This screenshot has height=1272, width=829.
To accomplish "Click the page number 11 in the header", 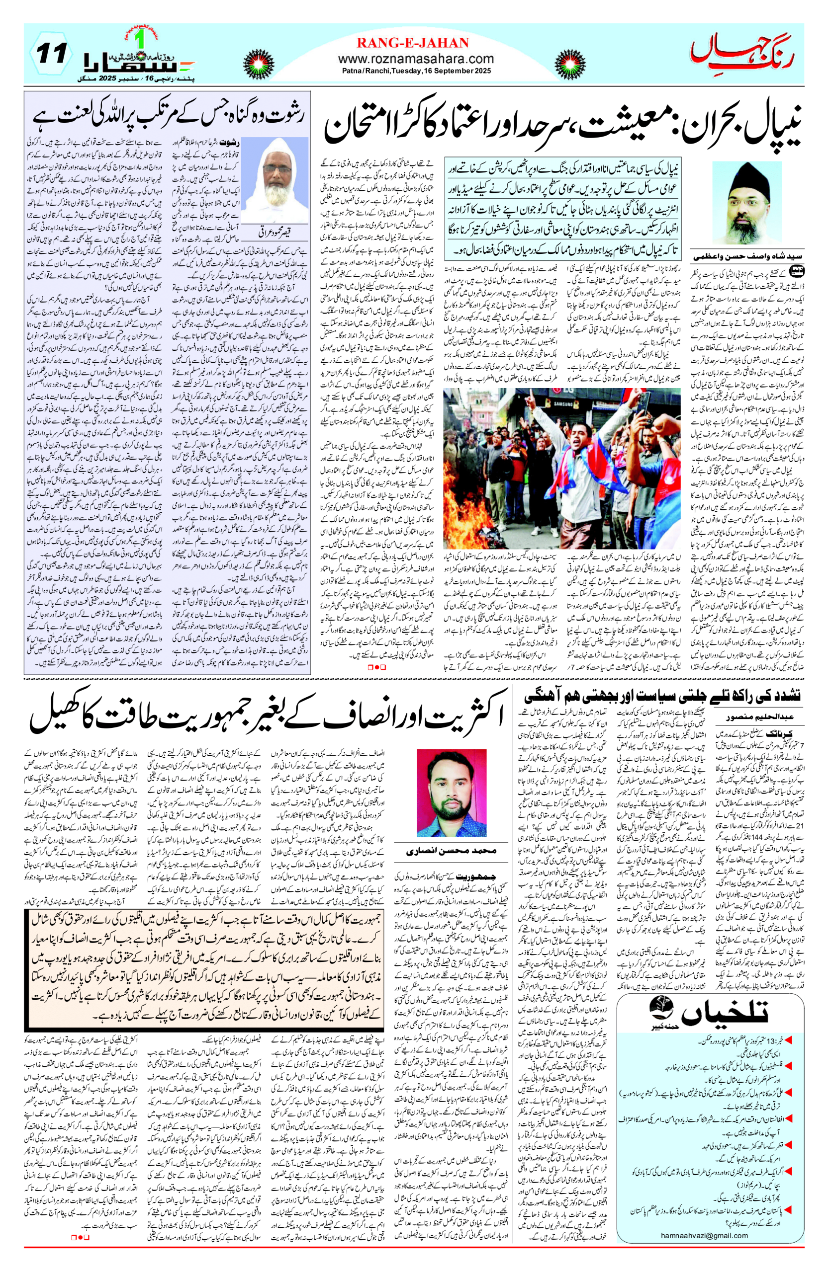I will [52, 54].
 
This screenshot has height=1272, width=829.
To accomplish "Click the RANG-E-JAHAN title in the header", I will [412, 43].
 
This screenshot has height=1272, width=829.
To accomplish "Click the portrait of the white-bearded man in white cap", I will [276, 182].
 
